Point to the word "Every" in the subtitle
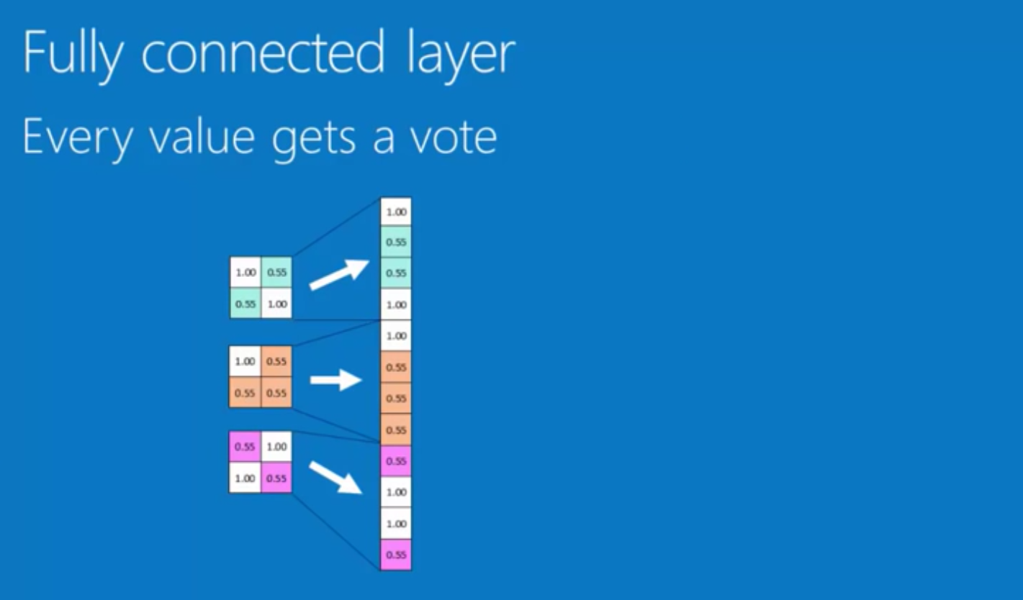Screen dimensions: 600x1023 (76, 137)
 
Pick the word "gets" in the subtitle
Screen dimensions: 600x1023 (314, 138)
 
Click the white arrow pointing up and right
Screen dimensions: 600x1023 (338, 275)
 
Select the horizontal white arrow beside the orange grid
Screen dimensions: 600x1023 (335, 379)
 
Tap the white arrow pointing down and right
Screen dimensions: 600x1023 (335, 478)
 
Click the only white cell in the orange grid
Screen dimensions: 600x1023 (245, 361)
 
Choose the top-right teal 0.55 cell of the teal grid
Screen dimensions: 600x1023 (276, 273)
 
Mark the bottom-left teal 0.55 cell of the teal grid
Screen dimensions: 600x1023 (245, 304)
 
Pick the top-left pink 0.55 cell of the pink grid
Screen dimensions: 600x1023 (245, 447)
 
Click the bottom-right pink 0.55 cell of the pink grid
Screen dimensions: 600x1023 (276, 478)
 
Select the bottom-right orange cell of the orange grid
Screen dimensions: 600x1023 (276, 393)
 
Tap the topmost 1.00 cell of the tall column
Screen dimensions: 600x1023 (396, 212)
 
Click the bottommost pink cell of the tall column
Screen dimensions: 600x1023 (396, 555)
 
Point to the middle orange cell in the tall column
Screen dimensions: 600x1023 (396, 398)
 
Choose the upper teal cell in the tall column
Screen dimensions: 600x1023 (396, 242)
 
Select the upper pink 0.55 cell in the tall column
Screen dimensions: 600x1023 (396, 460)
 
